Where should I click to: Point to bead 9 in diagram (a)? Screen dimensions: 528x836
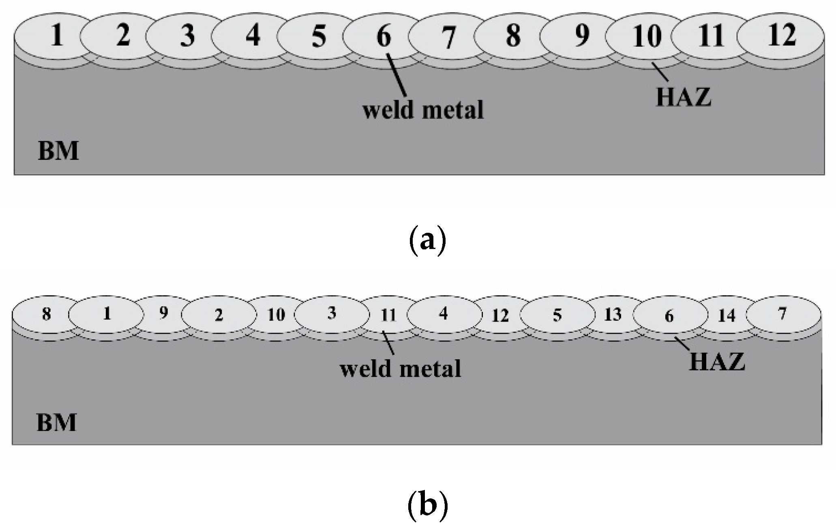[x=582, y=35]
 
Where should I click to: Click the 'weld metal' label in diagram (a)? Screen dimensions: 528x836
[x=423, y=110]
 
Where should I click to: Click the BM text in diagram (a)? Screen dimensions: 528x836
[x=58, y=151]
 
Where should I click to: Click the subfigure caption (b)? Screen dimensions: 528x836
[x=427, y=505]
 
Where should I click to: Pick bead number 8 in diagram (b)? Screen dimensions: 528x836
[x=47, y=314]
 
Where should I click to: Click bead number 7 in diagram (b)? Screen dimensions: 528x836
[x=782, y=313]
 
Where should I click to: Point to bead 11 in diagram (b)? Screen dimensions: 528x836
[x=388, y=315]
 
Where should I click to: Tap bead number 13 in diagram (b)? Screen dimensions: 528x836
[x=613, y=314]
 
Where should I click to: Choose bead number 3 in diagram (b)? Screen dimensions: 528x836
[x=332, y=313]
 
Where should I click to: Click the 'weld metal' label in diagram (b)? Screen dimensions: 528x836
[x=401, y=369]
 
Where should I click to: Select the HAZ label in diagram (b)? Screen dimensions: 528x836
[x=717, y=362]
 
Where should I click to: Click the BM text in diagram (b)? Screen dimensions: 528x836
[x=56, y=423]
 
